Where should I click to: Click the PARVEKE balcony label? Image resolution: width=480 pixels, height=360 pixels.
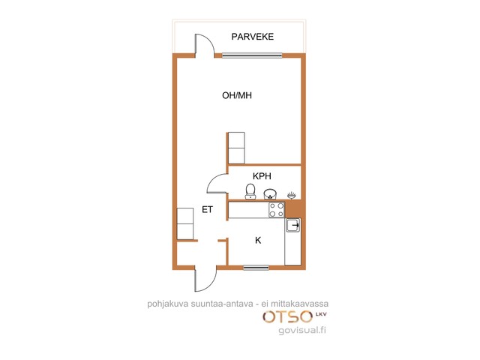pos(252,37)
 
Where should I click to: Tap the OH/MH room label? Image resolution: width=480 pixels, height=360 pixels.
pos(237,95)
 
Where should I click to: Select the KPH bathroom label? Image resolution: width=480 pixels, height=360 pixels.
pos(262,176)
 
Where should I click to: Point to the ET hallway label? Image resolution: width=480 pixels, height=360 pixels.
pos(207,209)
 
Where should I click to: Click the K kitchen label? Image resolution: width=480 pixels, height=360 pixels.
pos(258,241)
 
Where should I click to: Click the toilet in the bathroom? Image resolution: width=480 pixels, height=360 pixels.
pos(250,192)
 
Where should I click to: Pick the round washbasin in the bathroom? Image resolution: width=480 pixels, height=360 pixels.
pos(270,193)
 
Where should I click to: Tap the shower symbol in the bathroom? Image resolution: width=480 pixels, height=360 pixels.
pos(292,195)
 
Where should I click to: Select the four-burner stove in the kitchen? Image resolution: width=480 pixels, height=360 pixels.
pos(277,210)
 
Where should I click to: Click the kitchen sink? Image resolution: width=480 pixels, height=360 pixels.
pos(293,226)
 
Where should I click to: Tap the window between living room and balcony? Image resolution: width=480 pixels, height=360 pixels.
pos(252,55)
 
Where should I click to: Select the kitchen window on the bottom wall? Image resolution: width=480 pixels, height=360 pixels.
pos(256,268)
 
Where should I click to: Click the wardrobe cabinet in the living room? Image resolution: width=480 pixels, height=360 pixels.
pos(237,148)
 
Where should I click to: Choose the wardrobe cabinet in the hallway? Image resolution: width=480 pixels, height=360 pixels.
pos(185,223)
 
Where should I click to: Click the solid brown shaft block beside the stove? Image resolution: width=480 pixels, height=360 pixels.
pos(294,208)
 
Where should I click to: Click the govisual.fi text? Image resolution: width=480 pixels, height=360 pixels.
pos(302,330)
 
